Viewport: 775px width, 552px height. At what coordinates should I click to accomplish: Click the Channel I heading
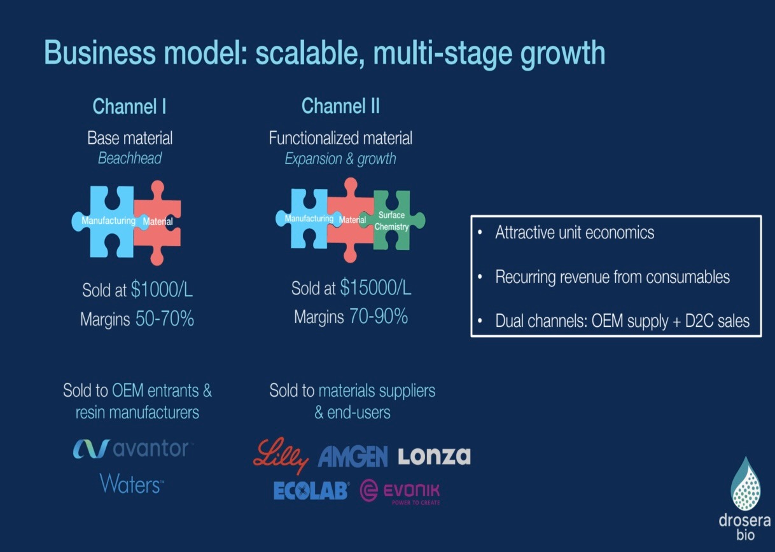tap(129, 106)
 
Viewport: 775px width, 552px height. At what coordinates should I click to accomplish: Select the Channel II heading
tap(340, 106)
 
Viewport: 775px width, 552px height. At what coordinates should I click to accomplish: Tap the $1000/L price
tap(162, 290)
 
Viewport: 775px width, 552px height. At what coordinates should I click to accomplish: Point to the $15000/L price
tap(375, 288)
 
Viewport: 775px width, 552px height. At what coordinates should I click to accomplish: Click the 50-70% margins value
tap(165, 319)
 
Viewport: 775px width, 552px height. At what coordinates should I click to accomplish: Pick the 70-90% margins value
tap(379, 316)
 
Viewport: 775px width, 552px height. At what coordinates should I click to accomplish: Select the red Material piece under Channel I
tap(162, 222)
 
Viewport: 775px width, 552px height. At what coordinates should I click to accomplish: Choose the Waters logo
tap(132, 484)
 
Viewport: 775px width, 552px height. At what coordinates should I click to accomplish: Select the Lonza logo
tap(434, 456)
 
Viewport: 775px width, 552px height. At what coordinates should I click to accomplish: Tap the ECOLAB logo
tap(311, 490)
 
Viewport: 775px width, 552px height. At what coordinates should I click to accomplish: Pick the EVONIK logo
tap(400, 492)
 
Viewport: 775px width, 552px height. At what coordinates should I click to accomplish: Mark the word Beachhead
tap(129, 158)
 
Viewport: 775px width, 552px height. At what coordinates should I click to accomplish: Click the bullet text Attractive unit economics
tap(575, 233)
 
